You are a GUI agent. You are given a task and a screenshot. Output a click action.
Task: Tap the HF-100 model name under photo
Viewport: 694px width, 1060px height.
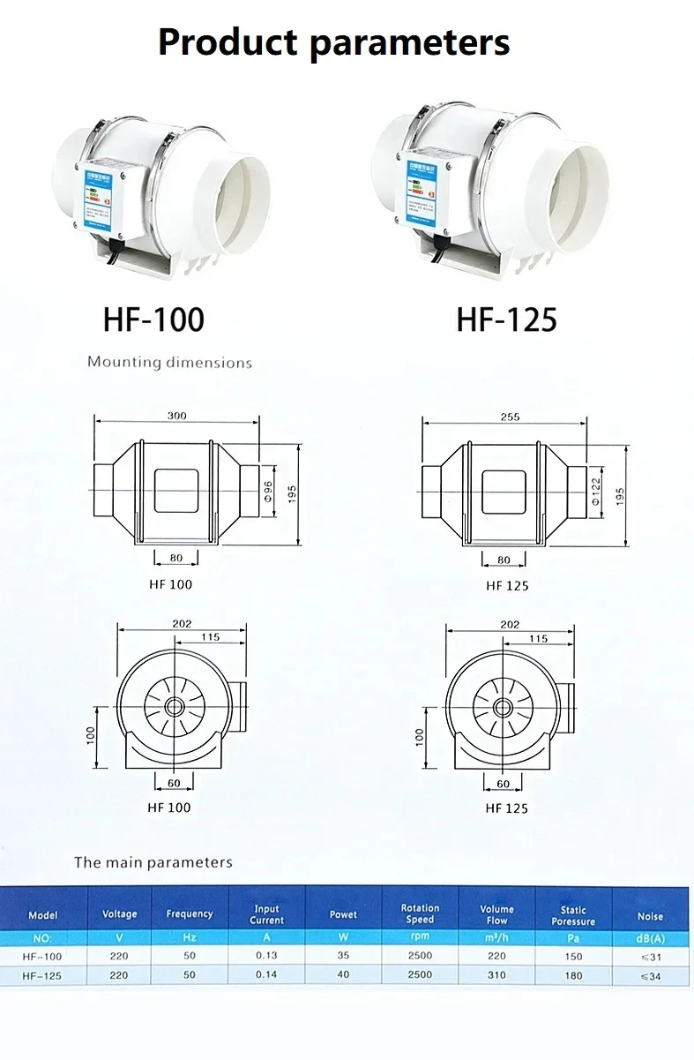point(153,319)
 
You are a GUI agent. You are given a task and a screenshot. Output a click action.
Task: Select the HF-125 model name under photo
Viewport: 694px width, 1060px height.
point(506,319)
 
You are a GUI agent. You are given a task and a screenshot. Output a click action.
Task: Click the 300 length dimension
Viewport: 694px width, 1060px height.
point(177,416)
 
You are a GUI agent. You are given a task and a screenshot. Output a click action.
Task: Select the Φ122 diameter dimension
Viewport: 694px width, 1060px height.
point(594,492)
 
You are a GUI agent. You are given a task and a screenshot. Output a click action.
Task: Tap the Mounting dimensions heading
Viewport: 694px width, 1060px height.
point(169,362)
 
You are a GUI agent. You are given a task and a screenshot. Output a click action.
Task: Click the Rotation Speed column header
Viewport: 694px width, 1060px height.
point(420,914)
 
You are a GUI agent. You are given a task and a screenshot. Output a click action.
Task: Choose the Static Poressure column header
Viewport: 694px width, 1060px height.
point(573,914)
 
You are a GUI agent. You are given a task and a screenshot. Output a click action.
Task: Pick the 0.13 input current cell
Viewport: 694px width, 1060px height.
point(266,956)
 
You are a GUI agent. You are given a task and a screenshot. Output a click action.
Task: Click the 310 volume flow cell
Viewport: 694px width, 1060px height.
point(496,975)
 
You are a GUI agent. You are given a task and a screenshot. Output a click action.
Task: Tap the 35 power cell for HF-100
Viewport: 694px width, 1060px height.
point(343,956)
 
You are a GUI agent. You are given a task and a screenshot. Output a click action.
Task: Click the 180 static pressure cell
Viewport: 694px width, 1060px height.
point(573,975)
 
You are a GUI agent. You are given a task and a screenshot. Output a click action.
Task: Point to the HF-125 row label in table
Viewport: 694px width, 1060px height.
point(42,975)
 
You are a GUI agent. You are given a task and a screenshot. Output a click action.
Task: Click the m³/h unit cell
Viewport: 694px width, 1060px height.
point(496,937)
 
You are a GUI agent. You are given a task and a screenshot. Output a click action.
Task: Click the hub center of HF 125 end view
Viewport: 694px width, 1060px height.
point(503,706)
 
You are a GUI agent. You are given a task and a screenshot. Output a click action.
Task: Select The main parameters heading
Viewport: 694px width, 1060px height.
point(153,861)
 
